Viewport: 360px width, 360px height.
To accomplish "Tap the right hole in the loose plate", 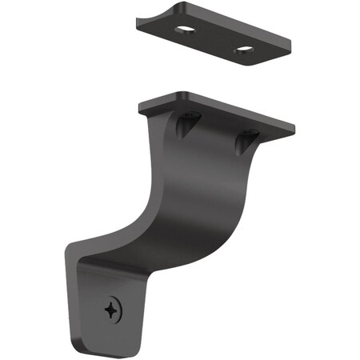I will (242, 53).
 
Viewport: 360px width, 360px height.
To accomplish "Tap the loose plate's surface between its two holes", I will (214, 42).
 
